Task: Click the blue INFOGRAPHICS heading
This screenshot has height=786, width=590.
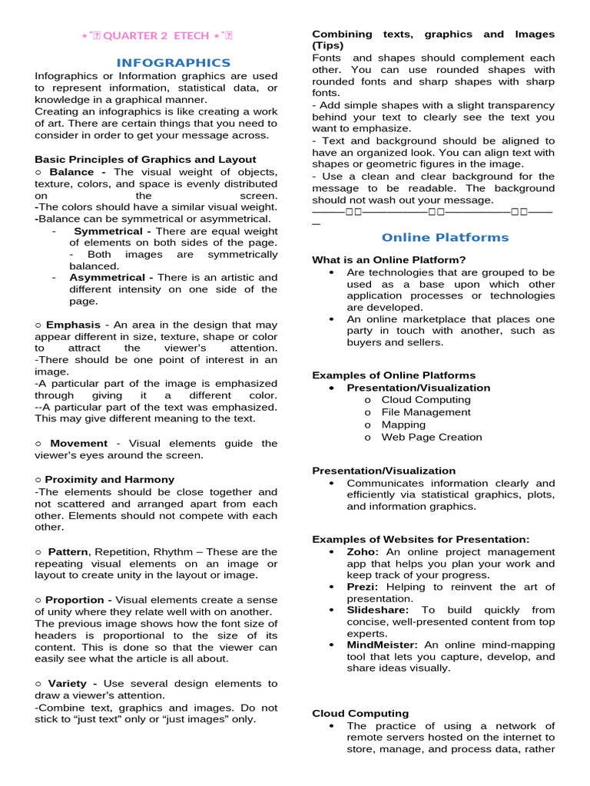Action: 173,62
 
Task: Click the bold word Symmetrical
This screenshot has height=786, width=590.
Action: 108,231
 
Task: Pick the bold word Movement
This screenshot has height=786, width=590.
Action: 78,443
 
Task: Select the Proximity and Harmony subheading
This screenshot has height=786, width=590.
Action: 110,479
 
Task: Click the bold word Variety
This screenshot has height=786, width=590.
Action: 72,683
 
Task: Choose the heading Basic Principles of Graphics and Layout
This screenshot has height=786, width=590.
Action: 145,160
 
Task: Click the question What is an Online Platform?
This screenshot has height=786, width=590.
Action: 389,259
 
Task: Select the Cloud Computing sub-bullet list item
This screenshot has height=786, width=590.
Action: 426,400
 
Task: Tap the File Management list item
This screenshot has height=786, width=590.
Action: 426,412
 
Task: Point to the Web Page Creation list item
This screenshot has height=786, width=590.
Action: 432,437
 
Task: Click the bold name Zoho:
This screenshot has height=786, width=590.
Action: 363,552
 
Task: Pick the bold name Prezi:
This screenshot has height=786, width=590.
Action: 363,587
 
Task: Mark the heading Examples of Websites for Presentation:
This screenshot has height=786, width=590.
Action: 420,540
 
